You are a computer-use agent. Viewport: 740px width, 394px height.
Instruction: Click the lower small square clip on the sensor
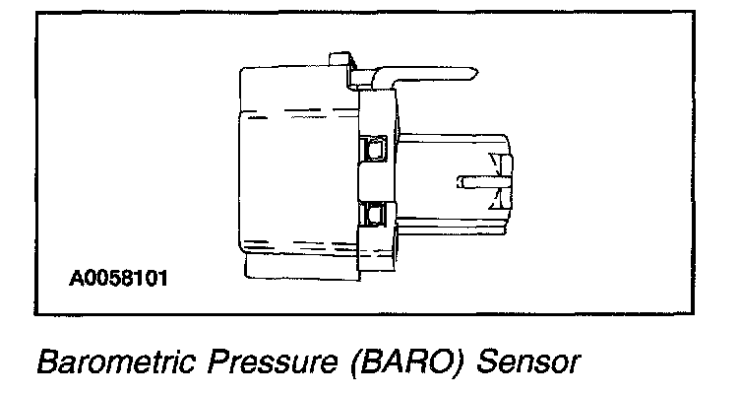coord(374,213)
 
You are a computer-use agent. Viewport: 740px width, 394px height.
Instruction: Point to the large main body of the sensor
coord(295,167)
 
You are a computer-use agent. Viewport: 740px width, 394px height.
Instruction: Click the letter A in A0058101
coord(76,278)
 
